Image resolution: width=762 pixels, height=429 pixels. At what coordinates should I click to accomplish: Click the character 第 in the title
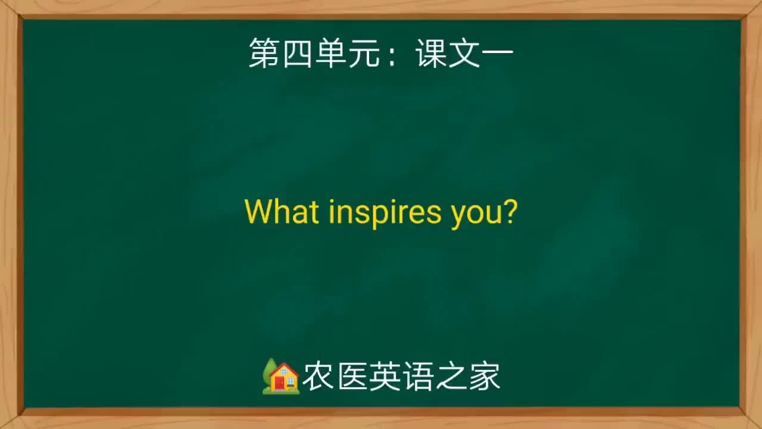click(x=264, y=54)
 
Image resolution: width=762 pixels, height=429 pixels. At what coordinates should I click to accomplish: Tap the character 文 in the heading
click(x=464, y=54)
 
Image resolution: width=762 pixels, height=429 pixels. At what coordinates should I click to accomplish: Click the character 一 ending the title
click(x=498, y=54)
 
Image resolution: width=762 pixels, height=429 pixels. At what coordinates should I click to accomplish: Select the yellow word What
click(x=282, y=212)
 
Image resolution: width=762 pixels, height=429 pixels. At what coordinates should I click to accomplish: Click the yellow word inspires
click(x=385, y=213)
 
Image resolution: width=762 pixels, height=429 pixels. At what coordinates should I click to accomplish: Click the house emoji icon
click(x=281, y=377)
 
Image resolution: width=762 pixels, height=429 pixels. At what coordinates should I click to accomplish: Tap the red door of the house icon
click(x=279, y=383)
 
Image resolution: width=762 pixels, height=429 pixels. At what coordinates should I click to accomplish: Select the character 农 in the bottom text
click(x=318, y=377)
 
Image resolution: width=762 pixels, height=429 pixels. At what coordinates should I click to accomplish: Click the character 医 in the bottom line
click(x=351, y=377)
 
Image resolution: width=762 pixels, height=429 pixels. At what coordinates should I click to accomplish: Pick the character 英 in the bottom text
click(x=385, y=377)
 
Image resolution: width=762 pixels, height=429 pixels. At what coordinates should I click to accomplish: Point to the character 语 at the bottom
click(x=418, y=377)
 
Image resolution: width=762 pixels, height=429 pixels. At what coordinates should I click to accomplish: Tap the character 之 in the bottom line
click(x=451, y=377)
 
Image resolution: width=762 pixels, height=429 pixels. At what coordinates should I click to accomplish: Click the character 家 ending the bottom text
click(x=485, y=377)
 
